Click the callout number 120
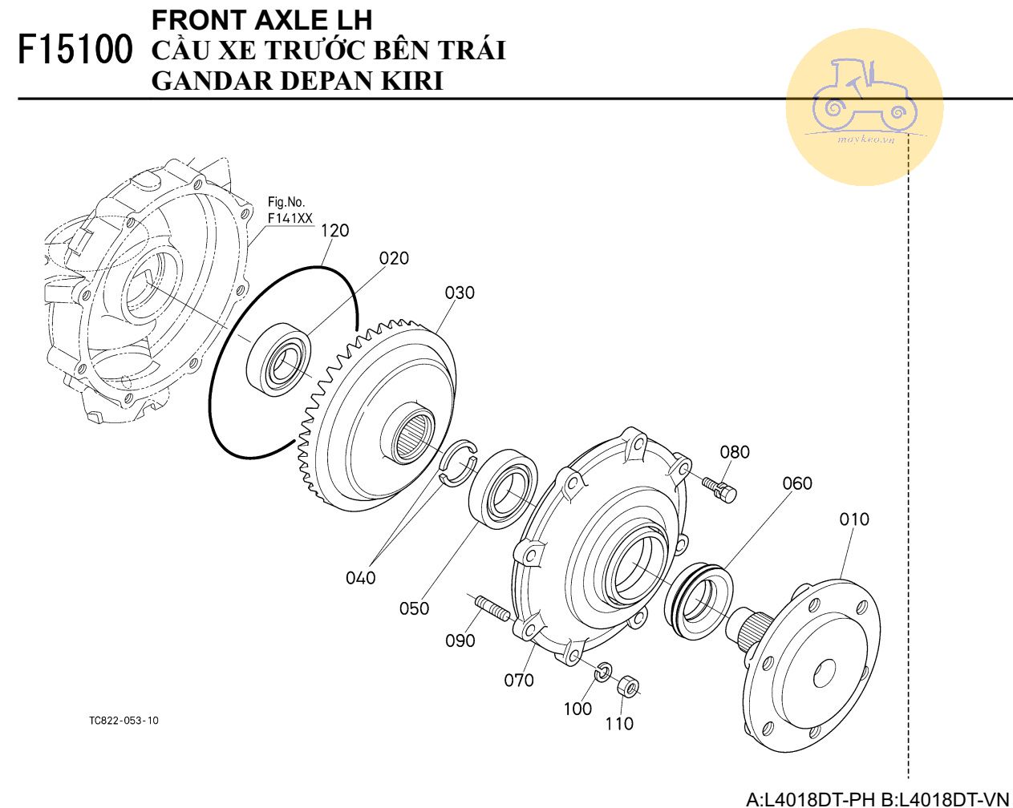(334, 231)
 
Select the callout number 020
(394, 258)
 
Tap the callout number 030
(460, 293)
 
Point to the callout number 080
(734, 452)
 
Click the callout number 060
(797, 483)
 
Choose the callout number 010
(854, 519)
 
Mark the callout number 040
(360, 578)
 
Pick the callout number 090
(460, 640)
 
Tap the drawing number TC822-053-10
(124, 721)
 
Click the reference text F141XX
(290, 217)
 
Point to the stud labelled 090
(491, 608)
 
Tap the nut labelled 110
(628, 687)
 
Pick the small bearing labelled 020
(279, 358)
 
